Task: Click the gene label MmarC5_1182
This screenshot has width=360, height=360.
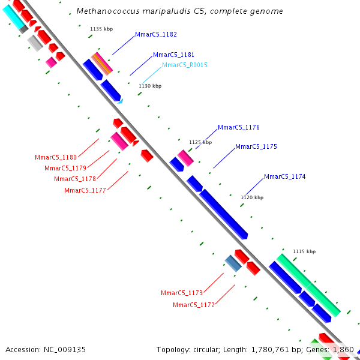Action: (156, 34)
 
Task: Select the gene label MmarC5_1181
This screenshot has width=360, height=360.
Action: (173, 55)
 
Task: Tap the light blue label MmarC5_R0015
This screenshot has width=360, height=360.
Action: (185, 65)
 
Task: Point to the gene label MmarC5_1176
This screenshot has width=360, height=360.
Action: (239, 127)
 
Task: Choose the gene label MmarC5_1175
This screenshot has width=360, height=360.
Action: (256, 147)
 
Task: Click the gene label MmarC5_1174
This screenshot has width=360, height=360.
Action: (284, 176)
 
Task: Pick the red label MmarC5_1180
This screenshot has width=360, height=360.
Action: (56, 157)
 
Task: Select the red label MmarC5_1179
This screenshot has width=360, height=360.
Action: (65, 168)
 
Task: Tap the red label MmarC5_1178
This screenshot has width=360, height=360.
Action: (75, 179)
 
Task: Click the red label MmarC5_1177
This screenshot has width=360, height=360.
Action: (85, 190)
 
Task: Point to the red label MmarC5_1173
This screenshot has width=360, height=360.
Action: (182, 293)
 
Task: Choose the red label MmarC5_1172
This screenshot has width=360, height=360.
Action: (194, 305)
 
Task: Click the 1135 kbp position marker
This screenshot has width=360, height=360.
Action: (101, 29)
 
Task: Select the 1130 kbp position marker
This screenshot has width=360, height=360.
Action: (150, 86)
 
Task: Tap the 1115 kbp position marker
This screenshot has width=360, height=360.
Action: (304, 251)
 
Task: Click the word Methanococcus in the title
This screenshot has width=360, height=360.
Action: (108, 11)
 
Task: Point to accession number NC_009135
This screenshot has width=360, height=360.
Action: (65, 350)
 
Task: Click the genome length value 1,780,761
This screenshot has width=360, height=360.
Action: (270, 350)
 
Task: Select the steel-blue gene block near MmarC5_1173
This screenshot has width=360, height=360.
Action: (233, 263)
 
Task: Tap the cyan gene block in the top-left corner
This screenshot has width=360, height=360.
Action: (13, 17)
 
